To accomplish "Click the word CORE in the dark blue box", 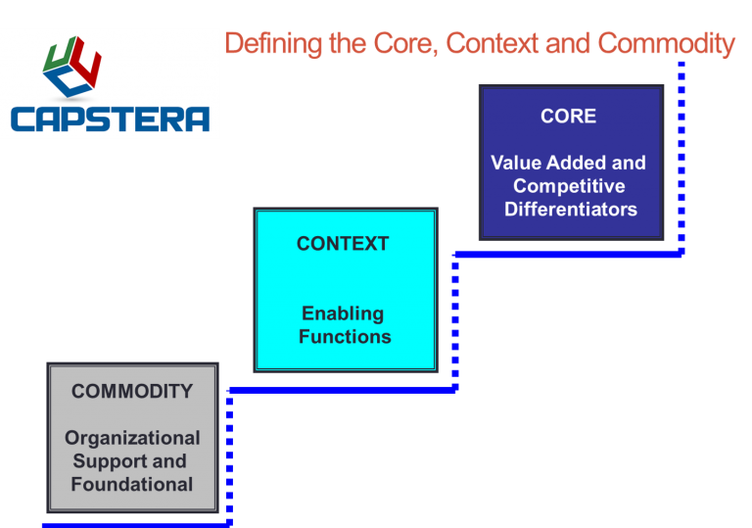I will pyautogui.click(x=568, y=116).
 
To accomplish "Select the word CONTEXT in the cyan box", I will pyautogui.click(x=343, y=244).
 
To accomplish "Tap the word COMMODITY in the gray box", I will pyautogui.click(x=132, y=391).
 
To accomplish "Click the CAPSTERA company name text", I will pyautogui.click(x=110, y=120).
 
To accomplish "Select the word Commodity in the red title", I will pyautogui.click(x=666, y=44).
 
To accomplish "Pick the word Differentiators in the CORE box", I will pyautogui.click(x=570, y=209).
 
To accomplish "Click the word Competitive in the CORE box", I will pyautogui.click(x=569, y=186).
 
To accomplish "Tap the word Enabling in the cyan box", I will pyautogui.click(x=343, y=313).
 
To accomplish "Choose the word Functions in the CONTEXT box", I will pyautogui.click(x=345, y=336).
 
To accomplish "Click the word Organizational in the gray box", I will pyautogui.click(x=132, y=438).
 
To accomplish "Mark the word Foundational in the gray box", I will pyautogui.click(x=132, y=484).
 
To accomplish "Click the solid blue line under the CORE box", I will pyautogui.click(x=568, y=254).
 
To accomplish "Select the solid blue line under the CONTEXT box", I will pyautogui.click(x=343, y=389).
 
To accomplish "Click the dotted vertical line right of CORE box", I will pyautogui.click(x=681, y=157).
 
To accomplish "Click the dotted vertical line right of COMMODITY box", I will pyautogui.click(x=228, y=456).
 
